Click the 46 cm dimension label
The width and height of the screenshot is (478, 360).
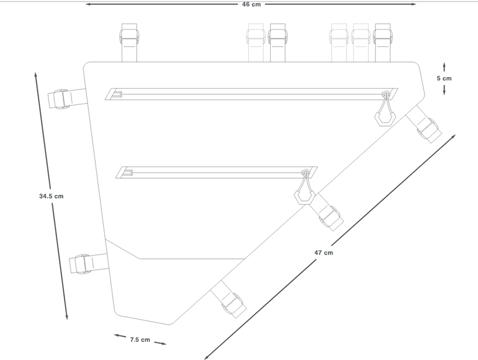[251, 4]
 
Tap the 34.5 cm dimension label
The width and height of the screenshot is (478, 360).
[51, 196]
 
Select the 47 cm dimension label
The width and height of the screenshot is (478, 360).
[324, 253]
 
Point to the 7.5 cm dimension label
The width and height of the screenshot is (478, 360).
[140, 340]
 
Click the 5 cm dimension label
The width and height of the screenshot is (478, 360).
[444, 78]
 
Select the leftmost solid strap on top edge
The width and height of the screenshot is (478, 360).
[129, 43]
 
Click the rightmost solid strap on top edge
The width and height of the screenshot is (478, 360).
[382, 43]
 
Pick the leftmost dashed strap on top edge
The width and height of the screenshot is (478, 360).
[256, 43]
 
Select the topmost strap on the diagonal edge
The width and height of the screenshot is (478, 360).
[424, 124]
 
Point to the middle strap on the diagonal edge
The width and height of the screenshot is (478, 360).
[327, 212]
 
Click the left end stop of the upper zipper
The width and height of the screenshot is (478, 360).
[117, 94]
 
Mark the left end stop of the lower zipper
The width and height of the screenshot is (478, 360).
[127, 173]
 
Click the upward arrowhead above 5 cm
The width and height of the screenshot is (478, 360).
[444, 65]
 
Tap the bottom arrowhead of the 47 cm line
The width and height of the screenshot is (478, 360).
[207, 357]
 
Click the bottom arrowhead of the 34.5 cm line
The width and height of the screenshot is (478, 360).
[66, 317]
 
